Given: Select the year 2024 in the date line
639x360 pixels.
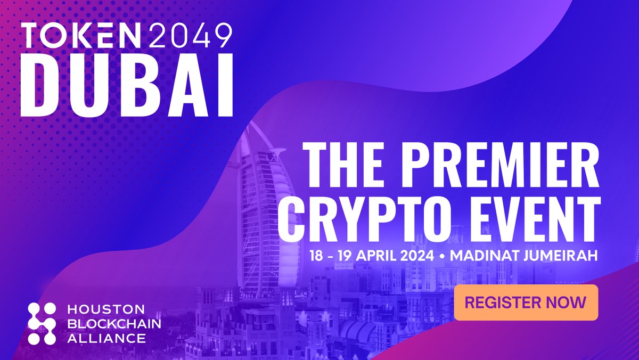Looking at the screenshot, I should coord(418,256).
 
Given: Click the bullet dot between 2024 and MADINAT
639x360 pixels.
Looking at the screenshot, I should coord(443,256).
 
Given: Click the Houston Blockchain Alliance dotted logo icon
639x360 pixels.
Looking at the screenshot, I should coord(42,323).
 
